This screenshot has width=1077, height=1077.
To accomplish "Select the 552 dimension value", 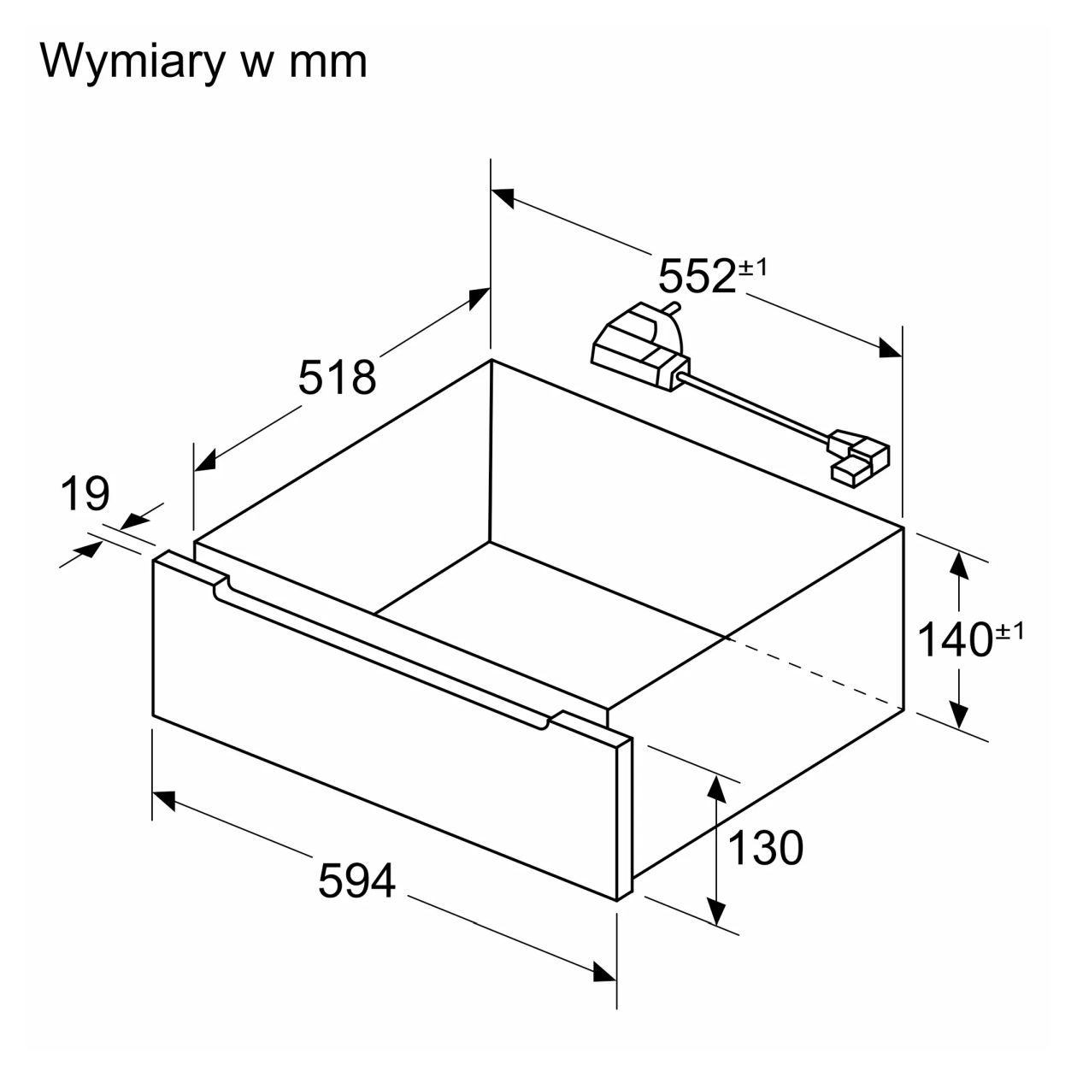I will pyautogui.click(x=697, y=275).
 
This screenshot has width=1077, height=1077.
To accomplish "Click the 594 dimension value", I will pyautogui.click(x=356, y=880).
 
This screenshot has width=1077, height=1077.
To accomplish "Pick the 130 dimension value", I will pyautogui.click(x=766, y=847).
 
